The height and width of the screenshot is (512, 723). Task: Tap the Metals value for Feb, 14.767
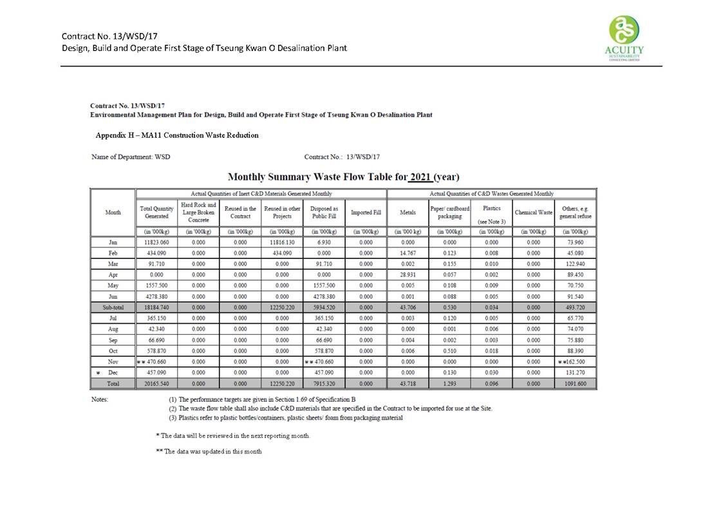click(x=408, y=253)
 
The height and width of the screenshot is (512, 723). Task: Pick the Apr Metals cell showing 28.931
click(x=408, y=275)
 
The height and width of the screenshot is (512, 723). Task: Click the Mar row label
click(x=113, y=264)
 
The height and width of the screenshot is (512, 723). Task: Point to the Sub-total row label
click(x=113, y=308)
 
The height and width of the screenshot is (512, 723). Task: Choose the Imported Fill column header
click(x=366, y=213)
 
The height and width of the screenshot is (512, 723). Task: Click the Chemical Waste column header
click(x=533, y=213)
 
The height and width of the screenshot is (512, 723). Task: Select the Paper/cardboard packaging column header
click(x=449, y=213)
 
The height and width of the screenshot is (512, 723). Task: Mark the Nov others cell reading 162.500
click(x=576, y=362)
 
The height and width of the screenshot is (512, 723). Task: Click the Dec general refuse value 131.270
click(x=576, y=373)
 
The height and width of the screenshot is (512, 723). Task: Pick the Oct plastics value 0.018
click(x=491, y=351)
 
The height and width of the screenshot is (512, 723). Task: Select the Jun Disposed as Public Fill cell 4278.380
click(x=324, y=297)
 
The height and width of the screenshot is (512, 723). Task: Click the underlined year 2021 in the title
click(x=420, y=176)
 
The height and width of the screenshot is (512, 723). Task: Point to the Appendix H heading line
click(x=177, y=135)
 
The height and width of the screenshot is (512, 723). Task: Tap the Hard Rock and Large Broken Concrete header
click(x=199, y=213)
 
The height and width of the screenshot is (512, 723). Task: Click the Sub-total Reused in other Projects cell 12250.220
click(x=282, y=308)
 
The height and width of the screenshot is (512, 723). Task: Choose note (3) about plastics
click(x=286, y=418)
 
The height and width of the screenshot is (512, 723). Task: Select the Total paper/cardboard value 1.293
click(x=449, y=384)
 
